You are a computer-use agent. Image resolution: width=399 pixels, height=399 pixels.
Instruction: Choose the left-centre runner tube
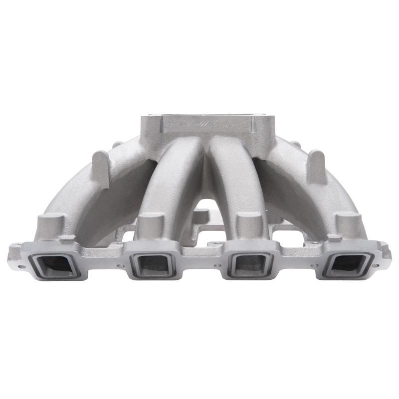[172, 180]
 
